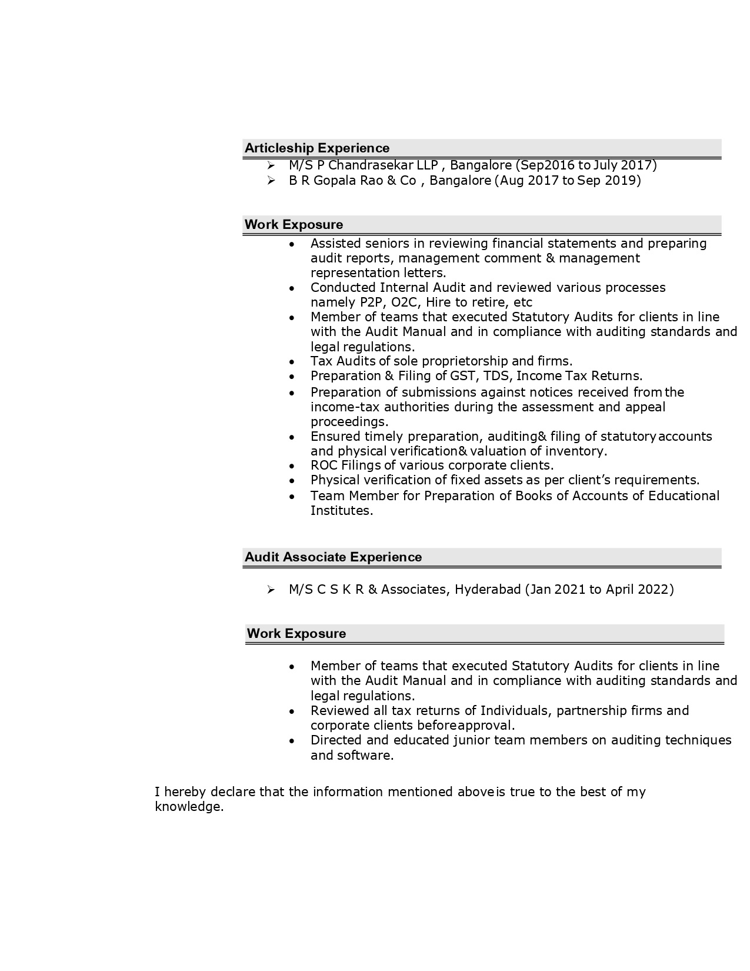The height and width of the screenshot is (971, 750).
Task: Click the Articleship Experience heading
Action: (316, 148)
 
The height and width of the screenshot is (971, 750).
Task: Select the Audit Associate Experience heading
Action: (333, 557)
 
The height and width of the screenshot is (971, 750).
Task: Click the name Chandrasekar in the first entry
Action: (371, 165)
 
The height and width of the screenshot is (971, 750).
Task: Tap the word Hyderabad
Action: (488, 589)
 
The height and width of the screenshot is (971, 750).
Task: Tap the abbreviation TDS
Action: (496, 375)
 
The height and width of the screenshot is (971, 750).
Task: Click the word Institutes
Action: (341, 511)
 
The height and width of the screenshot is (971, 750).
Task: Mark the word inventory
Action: (576, 451)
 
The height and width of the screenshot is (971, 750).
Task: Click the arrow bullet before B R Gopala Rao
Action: (271, 181)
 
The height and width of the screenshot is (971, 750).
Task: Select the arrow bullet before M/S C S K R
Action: (271, 590)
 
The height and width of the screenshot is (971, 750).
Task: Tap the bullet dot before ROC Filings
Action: (292, 466)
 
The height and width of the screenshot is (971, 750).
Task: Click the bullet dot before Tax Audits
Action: (292, 361)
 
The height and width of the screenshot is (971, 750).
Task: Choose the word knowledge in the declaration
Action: (189, 807)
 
